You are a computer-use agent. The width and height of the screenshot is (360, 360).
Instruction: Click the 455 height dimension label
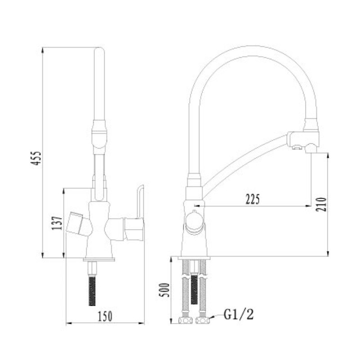36,158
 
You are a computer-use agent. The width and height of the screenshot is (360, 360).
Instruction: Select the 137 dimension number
57,223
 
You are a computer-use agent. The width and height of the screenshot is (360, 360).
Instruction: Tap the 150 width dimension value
105,316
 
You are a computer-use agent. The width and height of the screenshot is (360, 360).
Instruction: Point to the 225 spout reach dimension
253,199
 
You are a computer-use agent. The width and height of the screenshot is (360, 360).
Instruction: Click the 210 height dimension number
321,204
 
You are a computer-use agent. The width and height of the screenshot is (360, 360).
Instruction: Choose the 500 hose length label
164,290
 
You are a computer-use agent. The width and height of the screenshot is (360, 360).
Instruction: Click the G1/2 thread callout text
239,314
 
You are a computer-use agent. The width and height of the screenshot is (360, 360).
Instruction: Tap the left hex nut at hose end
185,320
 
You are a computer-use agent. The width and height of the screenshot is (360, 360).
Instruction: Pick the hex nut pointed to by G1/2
203,320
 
